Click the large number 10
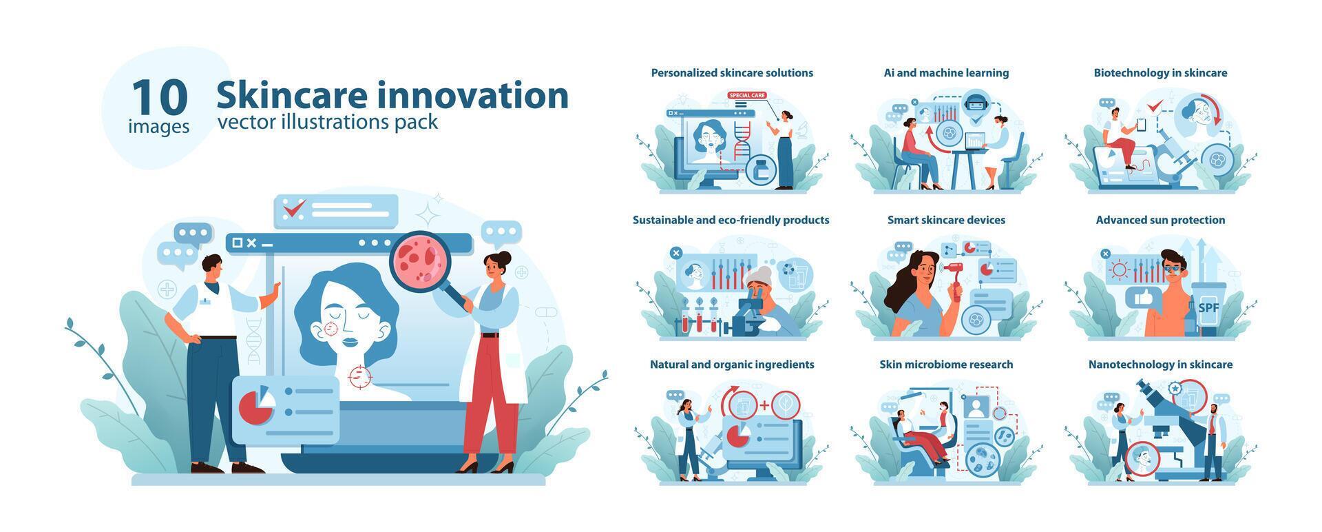tap(159, 97)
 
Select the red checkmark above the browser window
tap(294, 207)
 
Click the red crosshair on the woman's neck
tap(359, 376)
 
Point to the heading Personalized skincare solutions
tap(732, 73)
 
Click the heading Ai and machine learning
tap(946, 73)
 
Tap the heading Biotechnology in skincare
tap(1160, 73)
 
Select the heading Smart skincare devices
tap(946, 221)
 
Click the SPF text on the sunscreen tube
tap(1208, 307)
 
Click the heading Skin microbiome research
tap(946, 365)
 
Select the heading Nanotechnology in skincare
tap(1160, 365)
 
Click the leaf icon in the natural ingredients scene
tap(785, 405)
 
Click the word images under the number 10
tap(159, 127)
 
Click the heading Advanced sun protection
tap(1160, 221)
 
